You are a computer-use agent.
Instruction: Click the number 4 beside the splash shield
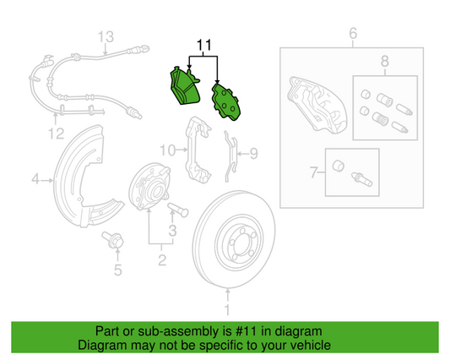[x=36, y=178]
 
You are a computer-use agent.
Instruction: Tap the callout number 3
[x=172, y=230]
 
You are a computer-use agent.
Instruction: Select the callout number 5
[x=118, y=270]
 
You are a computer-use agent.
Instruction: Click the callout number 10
[x=168, y=150]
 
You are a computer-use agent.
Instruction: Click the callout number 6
[x=354, y=34]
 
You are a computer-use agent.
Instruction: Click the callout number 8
[x=384, y=61]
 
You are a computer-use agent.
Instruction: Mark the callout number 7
[x=312, y=173]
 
